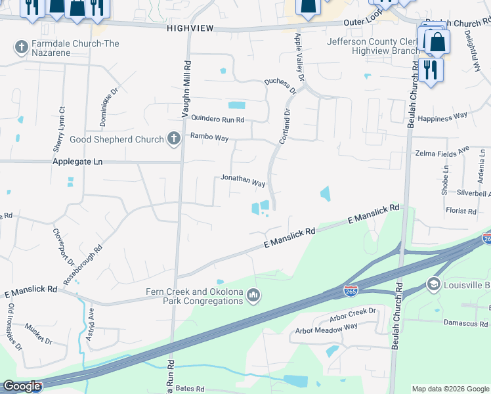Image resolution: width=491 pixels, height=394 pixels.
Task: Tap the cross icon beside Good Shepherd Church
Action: (173, 139)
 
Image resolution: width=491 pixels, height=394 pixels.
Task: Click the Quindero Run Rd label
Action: (217, 120)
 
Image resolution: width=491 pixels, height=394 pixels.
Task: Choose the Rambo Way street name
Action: (209, 137)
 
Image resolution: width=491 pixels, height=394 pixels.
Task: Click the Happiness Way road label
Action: (442, 116)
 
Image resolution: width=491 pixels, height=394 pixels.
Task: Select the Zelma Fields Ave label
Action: (442, 153)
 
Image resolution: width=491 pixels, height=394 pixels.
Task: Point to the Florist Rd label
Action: (460, 211)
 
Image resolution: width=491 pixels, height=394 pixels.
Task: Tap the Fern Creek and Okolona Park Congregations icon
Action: (253, 297)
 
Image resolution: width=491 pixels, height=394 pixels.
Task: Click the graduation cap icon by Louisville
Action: (433, 284)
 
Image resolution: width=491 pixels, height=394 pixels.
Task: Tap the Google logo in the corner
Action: (21, 386)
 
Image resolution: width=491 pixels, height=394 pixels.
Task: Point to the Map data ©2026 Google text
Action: (450, 389)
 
